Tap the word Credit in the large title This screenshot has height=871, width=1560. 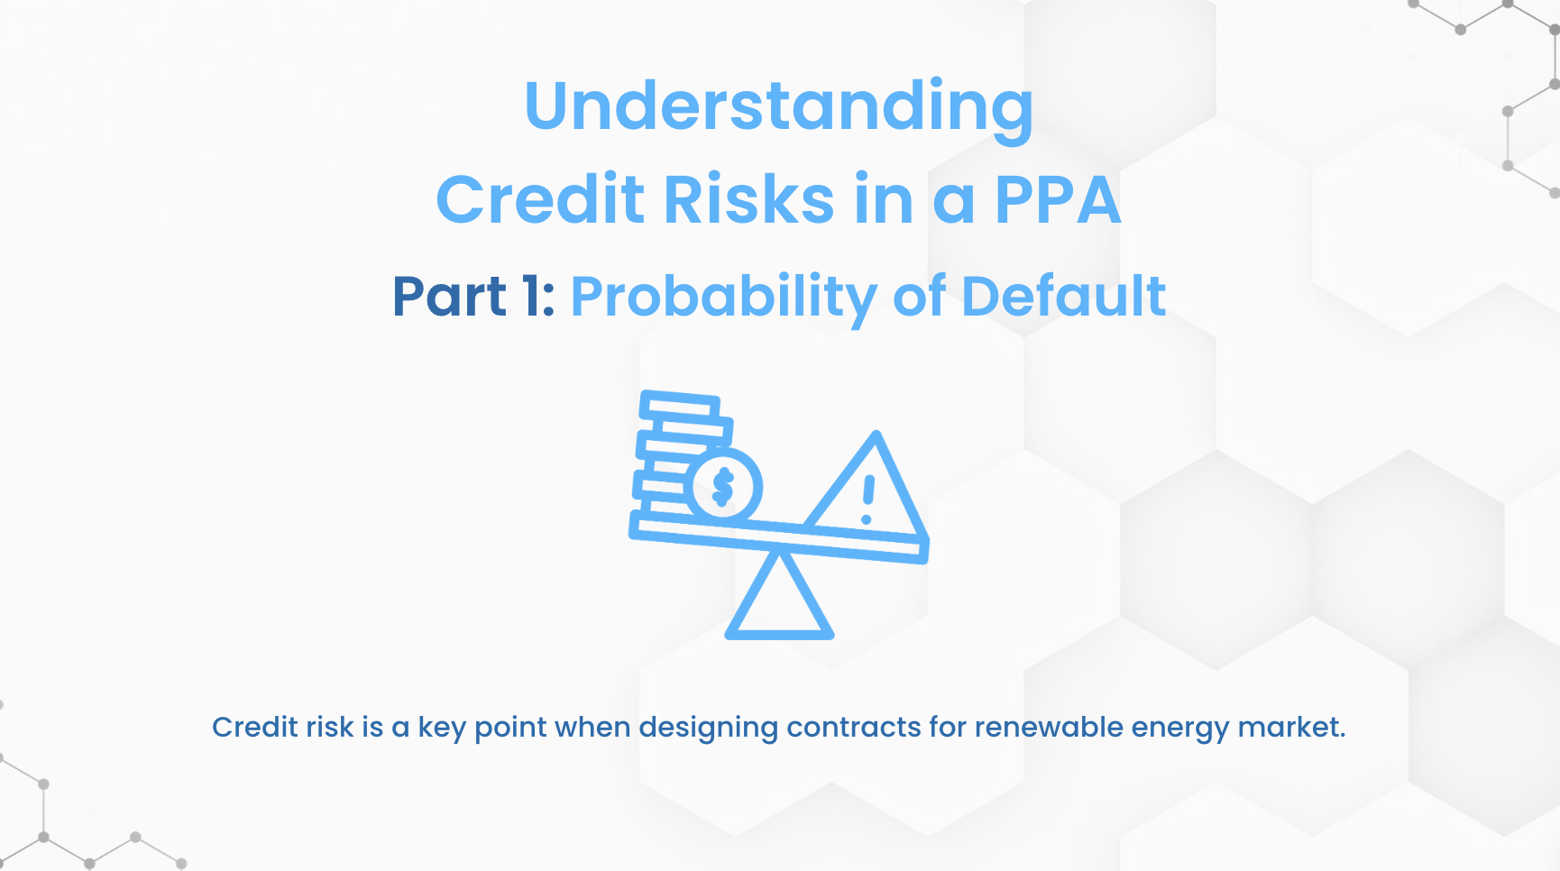point(540,198)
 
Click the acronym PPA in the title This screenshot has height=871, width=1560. point(1059,199)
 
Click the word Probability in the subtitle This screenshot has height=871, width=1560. point(724,298)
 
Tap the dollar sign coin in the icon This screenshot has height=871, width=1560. point(723,487)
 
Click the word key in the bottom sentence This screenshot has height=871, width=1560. point(442,729)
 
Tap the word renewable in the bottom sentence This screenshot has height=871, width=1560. point(1049,727)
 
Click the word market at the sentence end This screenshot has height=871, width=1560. point(1291,727)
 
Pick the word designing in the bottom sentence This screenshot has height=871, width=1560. point(708,729)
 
